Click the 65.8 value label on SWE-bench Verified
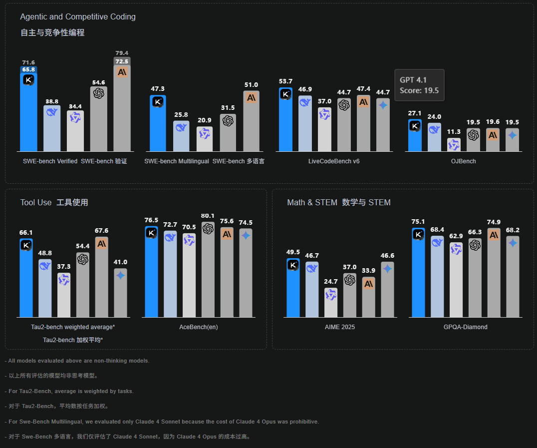pyautogui.click(x=28, y=69)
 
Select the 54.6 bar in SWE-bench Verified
pyautogui.click(x=98, y=120)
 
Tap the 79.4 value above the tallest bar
pyautogui.click(x=122, y=53)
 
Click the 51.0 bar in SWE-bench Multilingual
pyautogui.click(x=251, y=122)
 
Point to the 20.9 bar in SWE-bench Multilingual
pyautogui.click(x=204, y=140)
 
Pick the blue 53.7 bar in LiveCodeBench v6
pyautogui.click(x=285, y=120)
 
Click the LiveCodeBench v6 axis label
pyautogui.click(x=334, y=161)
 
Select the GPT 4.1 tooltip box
pyautogui.click(x=419, y=85)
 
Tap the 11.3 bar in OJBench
pyautogui.click(x=454, y=145)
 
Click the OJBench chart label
pyautogui.click(x=463, y=161)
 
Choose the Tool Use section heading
pyautogui.click(x=54, y=202)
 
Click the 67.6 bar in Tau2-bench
pyautogui.click(x=102, y=277)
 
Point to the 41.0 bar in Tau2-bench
pyautogui.click(x=120, y=293)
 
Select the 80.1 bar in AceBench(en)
pyautogui.click(x=208, y=270)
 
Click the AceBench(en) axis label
pyautogui.click(x=199, y=327)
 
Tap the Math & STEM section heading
pyautogui.click(x=338, y=202)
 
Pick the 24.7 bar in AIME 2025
pyautogui.click(x=331, y=303)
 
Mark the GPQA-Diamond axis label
pyautogui.click(x=465, y=327)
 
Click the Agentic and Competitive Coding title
pyautogui.click(x=78, y=16)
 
